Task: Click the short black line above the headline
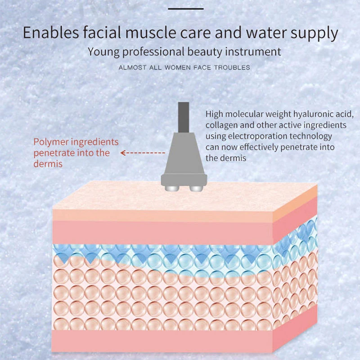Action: click(x=185, y=9)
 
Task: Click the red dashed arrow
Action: click(x=143, y=153)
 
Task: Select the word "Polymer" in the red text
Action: click(x=50, y=142)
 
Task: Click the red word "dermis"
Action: click(x=48, y=164)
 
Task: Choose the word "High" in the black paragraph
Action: click(x=215, y=114)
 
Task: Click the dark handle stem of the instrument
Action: click(x=183, y=117)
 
